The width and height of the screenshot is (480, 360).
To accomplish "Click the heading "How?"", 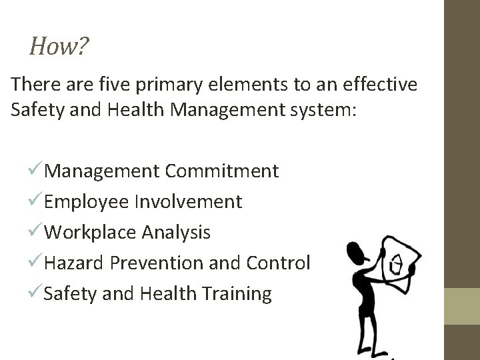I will pyautogui.click(x=59, y=47).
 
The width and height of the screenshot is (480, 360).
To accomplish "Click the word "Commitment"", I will pyautogui.click(x=222, y=171).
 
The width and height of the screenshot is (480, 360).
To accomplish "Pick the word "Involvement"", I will pyautogui.click(x=189, y=201).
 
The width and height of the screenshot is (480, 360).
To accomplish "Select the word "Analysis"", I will pyautogui.click(x=176, y=232).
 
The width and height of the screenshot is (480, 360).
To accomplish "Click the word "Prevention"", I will pyautogui.click(x=159, y=263).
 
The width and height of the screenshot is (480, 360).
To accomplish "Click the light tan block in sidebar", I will pyautogui.click(x=462, y=305).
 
